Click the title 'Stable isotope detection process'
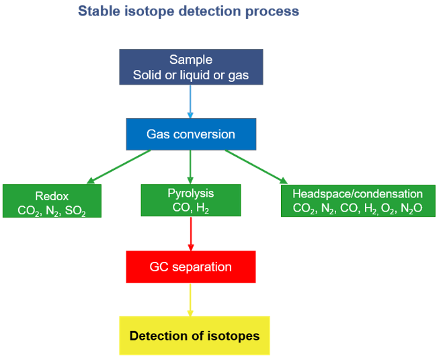click(188, 11)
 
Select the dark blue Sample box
click(190, 68)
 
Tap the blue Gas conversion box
click(190, 134)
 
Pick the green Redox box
click(52, 201)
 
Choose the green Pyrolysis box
click(190, 200)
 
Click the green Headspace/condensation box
click(358, 201)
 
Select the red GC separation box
click(190, 267)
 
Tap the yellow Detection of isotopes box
click(194, 335)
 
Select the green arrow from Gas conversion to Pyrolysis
click(190, 167)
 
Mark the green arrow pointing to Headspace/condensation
click(256, 166)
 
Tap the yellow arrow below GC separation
click(191, 300)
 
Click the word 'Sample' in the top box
click(190, 60)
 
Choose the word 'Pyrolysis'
click(190, 193)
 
